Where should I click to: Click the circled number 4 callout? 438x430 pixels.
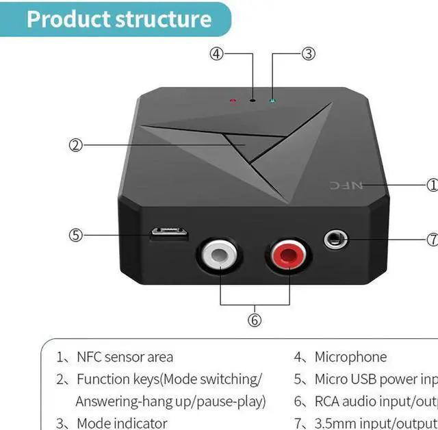click(217, 53)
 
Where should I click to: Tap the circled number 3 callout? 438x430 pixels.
click(308, 53)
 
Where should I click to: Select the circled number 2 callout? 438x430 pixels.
click(76, 144)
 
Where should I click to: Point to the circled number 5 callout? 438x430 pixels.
click(76, 234)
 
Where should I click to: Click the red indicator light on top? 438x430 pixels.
click(233, 101)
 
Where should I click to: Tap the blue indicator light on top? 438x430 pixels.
click(273, 101)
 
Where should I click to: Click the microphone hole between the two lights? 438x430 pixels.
click(253, 99)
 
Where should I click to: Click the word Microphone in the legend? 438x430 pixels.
click(350, 357)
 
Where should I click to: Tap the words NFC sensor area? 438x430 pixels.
click(125, 357)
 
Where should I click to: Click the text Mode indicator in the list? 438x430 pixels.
click(122, 423)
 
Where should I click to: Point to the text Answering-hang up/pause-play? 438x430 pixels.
click(170, 401)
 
